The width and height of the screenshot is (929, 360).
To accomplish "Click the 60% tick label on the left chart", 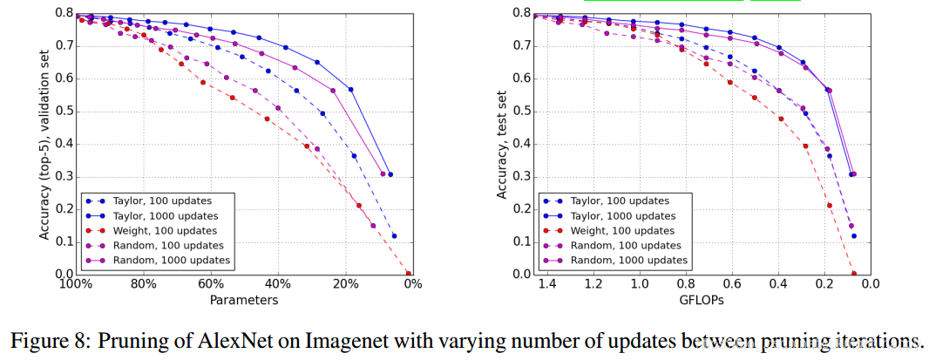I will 209,284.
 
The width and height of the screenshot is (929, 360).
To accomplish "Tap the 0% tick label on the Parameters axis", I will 412,284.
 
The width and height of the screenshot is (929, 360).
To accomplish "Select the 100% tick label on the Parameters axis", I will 75,284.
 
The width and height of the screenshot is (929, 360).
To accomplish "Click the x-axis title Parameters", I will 244,300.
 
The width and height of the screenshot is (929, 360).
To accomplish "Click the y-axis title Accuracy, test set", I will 503,144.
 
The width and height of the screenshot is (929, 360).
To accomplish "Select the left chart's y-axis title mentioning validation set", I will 44,144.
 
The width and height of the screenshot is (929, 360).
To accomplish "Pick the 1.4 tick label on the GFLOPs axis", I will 547,284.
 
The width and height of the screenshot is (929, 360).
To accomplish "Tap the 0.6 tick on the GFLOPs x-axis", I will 731,284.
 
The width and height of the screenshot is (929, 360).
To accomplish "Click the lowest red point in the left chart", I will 409,274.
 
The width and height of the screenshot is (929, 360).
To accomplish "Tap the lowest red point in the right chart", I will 854,274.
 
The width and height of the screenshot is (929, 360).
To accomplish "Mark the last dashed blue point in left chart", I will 394,236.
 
